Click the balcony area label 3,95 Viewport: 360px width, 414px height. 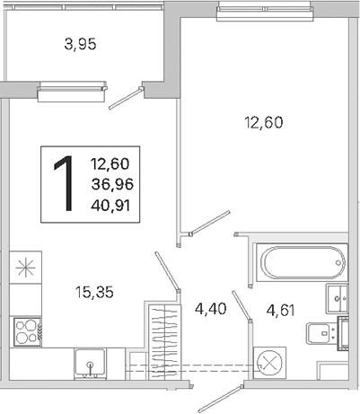80,45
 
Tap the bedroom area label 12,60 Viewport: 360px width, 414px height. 264,122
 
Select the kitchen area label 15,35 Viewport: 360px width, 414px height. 94,292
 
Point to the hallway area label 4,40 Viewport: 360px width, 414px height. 210,308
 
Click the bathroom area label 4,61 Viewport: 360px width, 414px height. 281,310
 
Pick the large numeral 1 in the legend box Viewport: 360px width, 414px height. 65,183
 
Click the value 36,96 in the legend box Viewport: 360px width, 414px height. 112,184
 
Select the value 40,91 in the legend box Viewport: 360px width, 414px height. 110,206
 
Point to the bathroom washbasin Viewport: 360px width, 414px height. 337,298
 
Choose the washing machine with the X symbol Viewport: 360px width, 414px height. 269,363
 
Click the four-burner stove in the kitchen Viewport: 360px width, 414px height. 27,332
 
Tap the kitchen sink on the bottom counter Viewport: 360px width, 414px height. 90,363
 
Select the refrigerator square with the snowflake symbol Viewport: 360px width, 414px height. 25,268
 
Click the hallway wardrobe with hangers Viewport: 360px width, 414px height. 165,342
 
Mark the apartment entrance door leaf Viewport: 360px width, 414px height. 221,399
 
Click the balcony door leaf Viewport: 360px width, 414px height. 126,99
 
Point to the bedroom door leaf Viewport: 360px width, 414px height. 209,223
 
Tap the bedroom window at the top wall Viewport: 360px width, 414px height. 266,12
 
